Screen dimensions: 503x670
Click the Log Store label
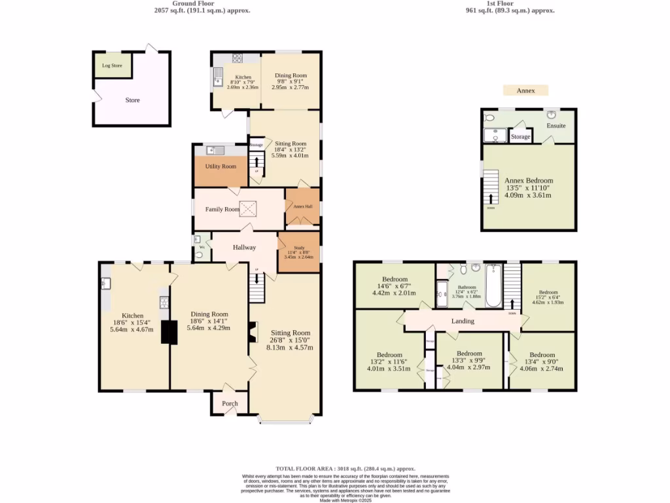coord(113,65)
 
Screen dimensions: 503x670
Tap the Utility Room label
coord(220,166)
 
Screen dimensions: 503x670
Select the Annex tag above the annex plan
coord(525,90)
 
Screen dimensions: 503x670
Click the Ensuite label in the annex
coord(556,126)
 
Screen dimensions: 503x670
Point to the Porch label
coord(230,403)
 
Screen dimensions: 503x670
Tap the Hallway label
coord(243,247)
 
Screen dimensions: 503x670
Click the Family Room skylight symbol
coord(249,209)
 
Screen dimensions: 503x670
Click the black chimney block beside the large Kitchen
coord(169,332)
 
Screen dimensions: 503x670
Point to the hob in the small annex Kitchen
coord(237,58)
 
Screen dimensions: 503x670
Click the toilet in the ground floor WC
coord(198,255)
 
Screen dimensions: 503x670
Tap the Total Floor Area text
coord(345,468)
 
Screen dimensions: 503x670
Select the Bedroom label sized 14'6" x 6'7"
coord(395,286)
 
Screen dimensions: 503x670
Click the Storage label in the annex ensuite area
coord(521,137)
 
